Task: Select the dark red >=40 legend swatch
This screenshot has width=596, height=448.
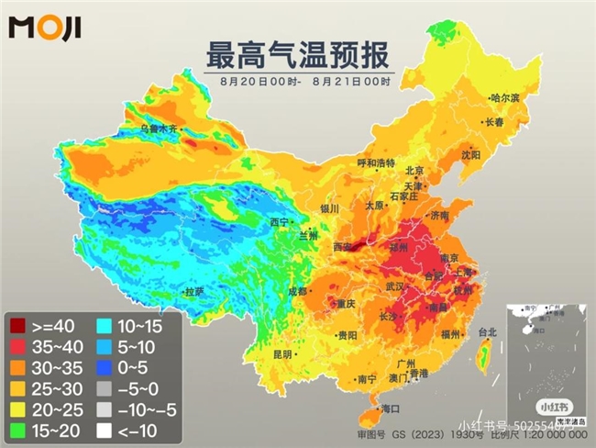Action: (17, 324)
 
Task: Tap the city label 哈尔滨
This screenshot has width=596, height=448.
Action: (504, 97)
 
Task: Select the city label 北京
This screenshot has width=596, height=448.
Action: (414, 171)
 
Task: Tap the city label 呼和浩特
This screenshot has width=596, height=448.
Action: (375, 162)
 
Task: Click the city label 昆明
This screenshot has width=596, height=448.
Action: (281, 353)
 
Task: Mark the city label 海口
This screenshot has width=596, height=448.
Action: (391, 408)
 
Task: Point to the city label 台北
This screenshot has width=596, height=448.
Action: (486, 332)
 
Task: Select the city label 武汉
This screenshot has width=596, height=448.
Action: (395, 287)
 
